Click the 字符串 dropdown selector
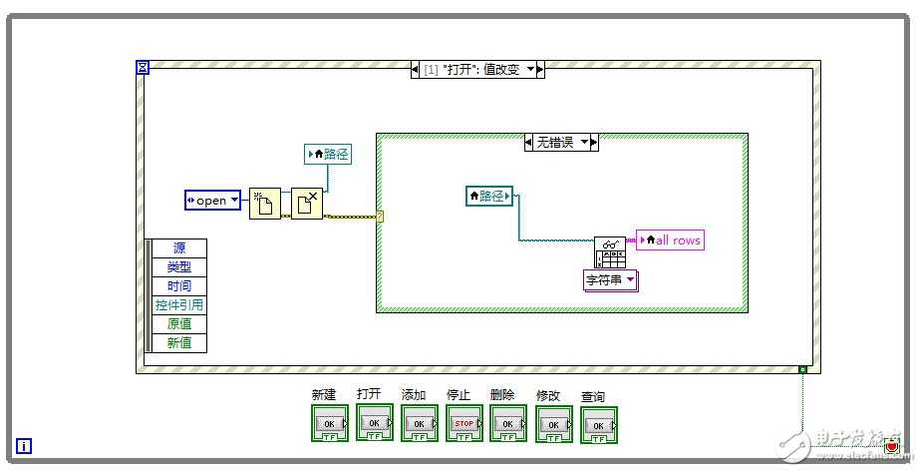pyautogui.click(x=610, y=280)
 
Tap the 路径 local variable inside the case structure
pyautogui.click(x=489, y=197)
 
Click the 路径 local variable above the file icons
pyautogui.click(x=328, y=154)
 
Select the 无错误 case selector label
pyautogui.click(x=561, y=143)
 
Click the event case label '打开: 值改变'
pyautogui.click(x=477, y=70)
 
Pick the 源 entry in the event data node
pyautogui.click(x=179, y=248)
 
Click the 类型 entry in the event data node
pyautogui.click(x=179, y=267)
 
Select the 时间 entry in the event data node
pyautogui.click(x=179, y=286)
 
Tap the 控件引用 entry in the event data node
pyautogui.click(x=179, y=305)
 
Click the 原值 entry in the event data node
pyautogui.click(x=179, y=324)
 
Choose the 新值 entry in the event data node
pyautogui.click(x=179, y=343)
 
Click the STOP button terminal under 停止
pyautogui.click(x=464, y=423)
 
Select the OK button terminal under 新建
pyautogui.click(x=330, y=423)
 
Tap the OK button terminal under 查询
pyautogui.click(x=599, y=425)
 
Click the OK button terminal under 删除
pyautogui.click(x=508, y=423)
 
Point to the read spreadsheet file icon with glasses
pyautogui.click(x=609, y=251)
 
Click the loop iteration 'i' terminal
pyautogui.click(x=24, y=446)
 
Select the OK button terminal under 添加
pyautogui.click(x=419, y=423)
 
